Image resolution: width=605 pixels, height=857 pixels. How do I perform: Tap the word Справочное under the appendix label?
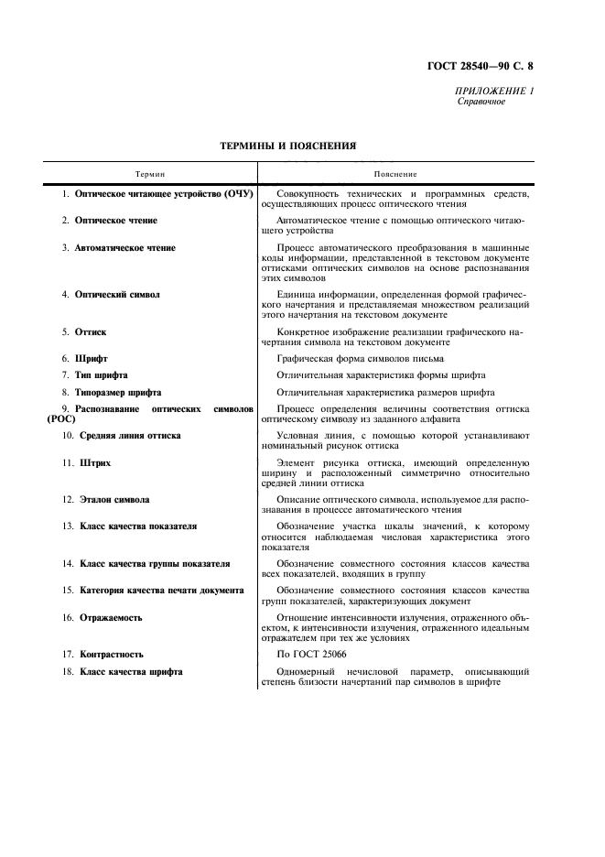481,102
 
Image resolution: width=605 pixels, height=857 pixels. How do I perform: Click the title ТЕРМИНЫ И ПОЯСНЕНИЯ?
288,145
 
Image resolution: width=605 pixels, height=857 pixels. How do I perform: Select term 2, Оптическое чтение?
116,221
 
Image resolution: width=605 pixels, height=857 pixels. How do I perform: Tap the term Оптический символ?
117,295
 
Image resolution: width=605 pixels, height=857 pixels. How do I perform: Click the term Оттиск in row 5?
91,331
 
